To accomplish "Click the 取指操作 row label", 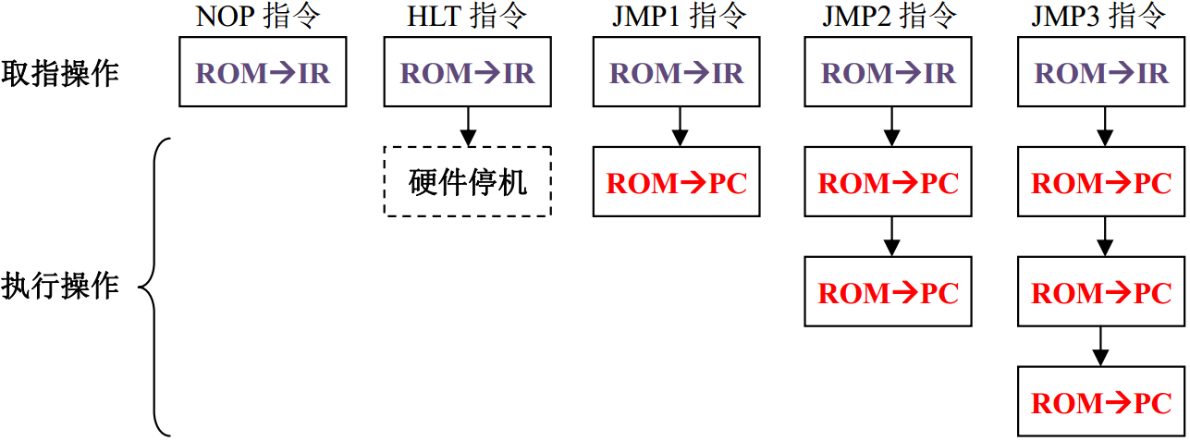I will [x=60, y=73].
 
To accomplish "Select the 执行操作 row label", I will [x=60, y=286].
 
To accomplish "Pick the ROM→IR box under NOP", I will [x=262, y=72].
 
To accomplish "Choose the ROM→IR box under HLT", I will [x=468, y=72].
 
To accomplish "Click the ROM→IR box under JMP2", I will [x=889, y=72].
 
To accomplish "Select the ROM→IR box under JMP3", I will [x=1101, y=72].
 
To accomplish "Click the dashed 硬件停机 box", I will [x=468, y=181].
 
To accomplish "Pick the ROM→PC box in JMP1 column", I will [x=677, y=181].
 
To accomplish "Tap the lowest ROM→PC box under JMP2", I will [x=889, y=292].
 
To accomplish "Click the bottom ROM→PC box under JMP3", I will [x=1101, y=402].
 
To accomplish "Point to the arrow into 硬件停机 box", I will [x=468, y=126].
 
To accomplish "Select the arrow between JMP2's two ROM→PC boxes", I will [x=890, y=237].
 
